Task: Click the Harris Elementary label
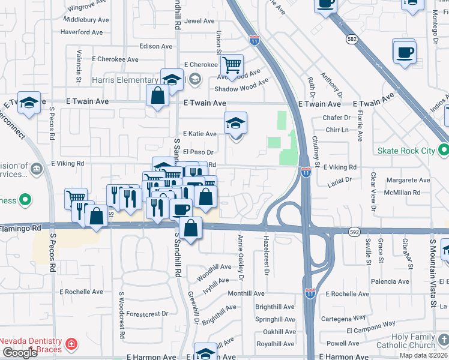pyautogui.click(x=125, y=80)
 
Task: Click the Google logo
pyautogui.click(x=20, y=353)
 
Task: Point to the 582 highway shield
pyautogui.click(x=352, y=39)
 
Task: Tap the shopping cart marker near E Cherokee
pyautogui.click(x=232, y=65)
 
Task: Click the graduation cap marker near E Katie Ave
pyautogui.click(x=235, y=124)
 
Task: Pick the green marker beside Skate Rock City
pyautogui.click(x=443, y=149)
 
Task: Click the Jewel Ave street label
pyautogui.click(x=199, y=21)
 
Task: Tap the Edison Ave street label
pyautogui.click(x=155, y=46)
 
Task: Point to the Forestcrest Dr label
pyautogui.click(x=147, y=313)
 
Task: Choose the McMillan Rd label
pyautogui.click(x=403, y=193)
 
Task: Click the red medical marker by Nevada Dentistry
pyautogui.click(x=71, y=344)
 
